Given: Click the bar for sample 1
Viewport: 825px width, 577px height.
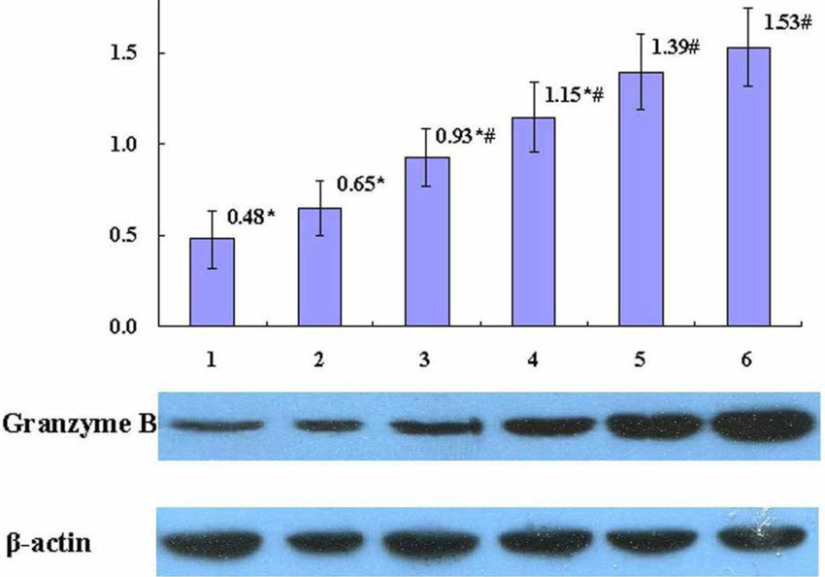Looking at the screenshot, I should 212,282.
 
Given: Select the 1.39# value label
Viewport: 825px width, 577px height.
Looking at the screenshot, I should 677,48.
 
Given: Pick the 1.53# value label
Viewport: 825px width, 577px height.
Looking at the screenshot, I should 789,22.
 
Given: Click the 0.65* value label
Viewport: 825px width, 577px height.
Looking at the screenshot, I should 361,182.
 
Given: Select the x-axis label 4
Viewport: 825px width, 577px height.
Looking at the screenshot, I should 533,361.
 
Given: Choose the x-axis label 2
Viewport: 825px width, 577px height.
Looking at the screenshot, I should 318,361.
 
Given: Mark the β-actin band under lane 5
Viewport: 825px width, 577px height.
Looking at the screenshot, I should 643,538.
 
